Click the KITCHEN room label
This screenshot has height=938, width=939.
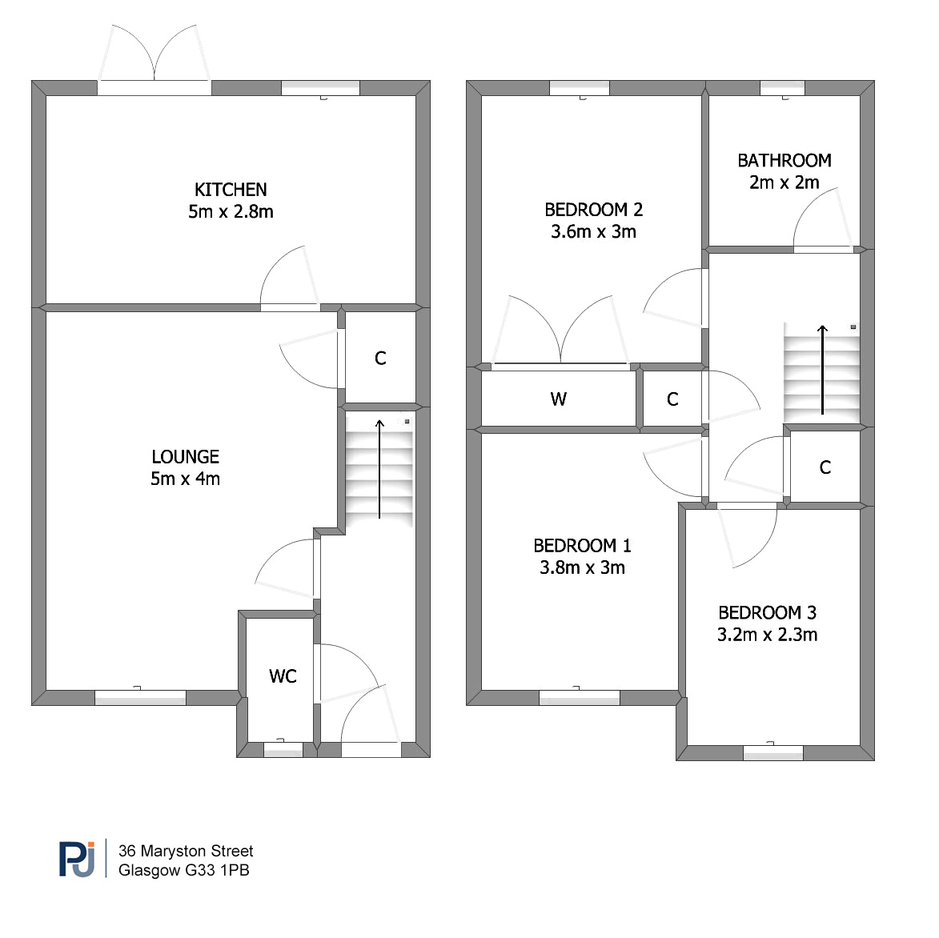coord(231,190)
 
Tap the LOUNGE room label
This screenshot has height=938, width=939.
coord(185,457)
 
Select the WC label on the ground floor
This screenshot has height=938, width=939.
coord(283,675)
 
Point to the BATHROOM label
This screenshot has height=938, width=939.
coord(784,160)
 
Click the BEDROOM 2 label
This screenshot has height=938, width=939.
coord(593,210)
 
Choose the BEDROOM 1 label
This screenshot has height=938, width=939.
coord(582,545)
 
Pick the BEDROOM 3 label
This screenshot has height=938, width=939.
coord(767,612)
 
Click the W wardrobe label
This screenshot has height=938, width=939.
coord(558,399)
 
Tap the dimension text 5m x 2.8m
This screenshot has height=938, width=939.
coord(231,211)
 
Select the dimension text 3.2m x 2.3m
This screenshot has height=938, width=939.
coord(767,634)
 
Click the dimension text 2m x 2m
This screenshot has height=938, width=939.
coord(784,182)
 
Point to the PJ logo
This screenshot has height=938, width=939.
coord(77,860)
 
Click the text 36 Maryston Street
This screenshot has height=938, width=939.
coord(186,851)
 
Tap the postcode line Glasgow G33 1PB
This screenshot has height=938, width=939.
coord(183,870)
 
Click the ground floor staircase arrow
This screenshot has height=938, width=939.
coord(379,469)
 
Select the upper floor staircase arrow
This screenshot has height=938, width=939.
coord(823,370)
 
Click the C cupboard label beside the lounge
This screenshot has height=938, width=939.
coord(380,358)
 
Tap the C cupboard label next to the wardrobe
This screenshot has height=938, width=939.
coord(672,399)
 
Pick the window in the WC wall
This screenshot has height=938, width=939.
coord(283,749)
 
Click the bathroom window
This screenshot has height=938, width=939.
coord(783,88)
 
